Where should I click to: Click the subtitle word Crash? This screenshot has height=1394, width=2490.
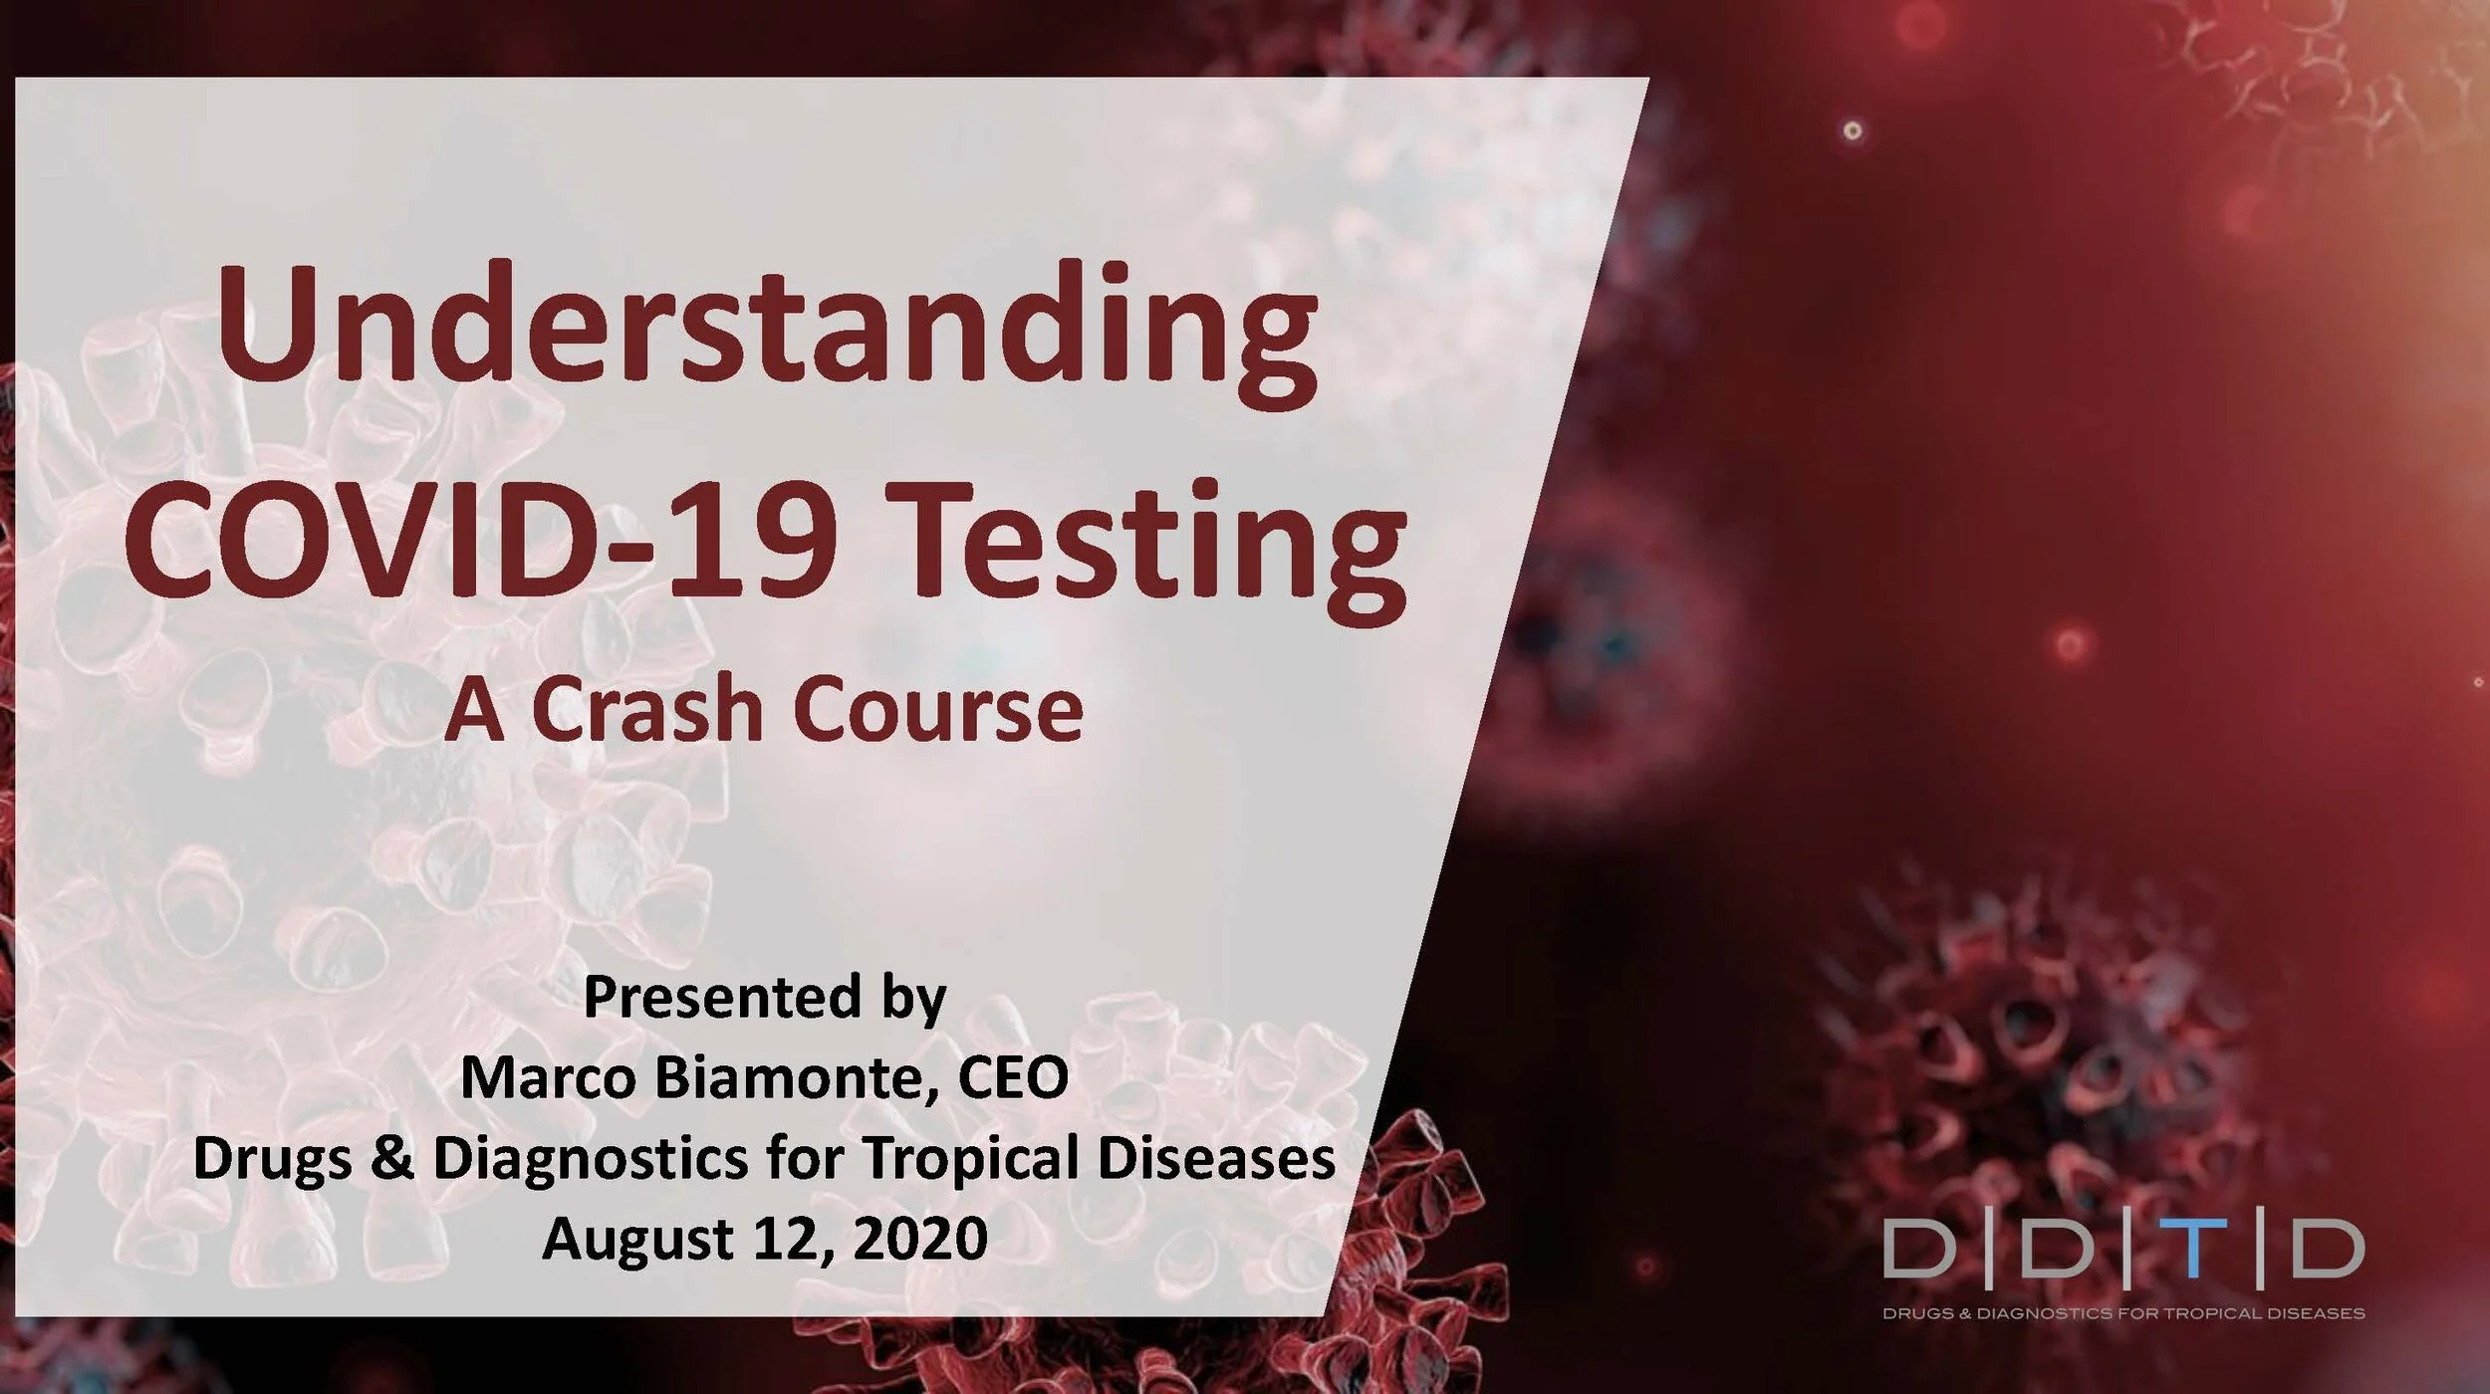[647, 709]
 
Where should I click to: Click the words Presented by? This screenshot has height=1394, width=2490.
[764, 998]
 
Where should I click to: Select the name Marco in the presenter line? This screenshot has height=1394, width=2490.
[547, 1077]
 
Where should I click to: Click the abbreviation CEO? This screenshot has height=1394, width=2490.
[1014, 1077]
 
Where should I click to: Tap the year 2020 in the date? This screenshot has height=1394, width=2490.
[920, 1239]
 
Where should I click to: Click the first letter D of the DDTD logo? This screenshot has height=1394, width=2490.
[1919, 1251]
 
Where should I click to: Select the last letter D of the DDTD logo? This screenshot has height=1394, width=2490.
[2329, 1251]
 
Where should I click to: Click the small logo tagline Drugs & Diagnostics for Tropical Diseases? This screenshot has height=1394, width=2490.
[2122, 1314]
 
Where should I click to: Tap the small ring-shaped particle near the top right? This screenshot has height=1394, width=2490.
[1853, 130]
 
